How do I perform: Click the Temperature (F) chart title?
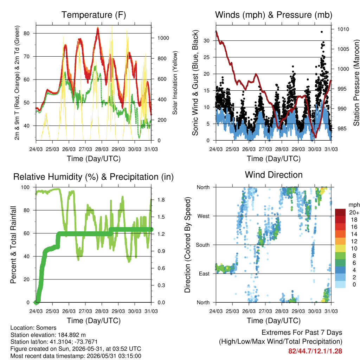[94, 15]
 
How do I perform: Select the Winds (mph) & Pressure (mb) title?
[274, 15]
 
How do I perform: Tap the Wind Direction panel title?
[274, 175]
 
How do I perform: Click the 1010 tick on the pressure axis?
[343, 29]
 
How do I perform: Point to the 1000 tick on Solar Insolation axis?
[163, 38]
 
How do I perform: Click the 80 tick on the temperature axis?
[27, 33]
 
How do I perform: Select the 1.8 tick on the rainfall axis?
[161, 200]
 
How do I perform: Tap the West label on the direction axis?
[204, 216]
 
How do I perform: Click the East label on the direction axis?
[204, 274]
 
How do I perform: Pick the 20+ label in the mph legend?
[354, 212]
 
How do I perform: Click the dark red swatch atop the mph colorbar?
[340, 212]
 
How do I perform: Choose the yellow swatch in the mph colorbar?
[340, 249]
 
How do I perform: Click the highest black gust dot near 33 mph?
[322, 32]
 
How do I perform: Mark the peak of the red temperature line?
[98, 28]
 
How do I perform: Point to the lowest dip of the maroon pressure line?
[315, 137]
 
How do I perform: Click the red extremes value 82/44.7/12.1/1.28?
[315, 351]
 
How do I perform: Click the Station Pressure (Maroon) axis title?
[356, 83]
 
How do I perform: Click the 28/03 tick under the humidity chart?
[102, 311]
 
